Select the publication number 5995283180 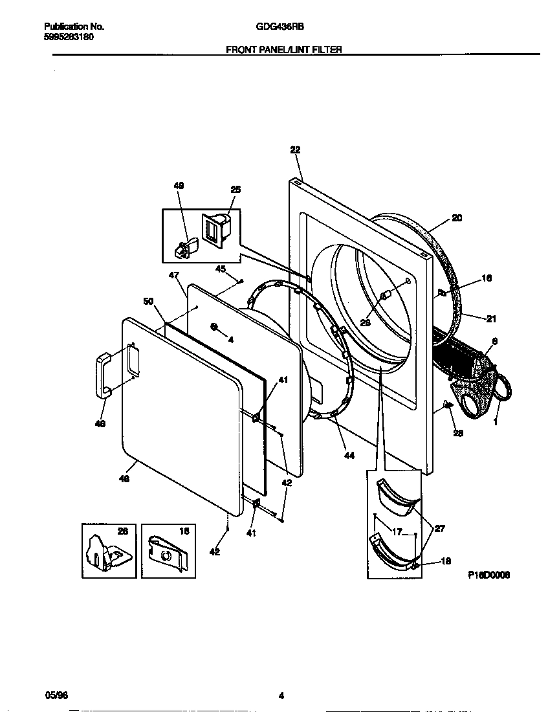69,37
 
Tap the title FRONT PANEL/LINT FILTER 283,49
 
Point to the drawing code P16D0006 489,574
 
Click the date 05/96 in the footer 57,696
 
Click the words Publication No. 74,27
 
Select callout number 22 295,150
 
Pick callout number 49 179,186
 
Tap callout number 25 236,189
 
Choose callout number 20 457,218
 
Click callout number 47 173,275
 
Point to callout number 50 148,301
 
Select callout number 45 220,269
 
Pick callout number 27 439,528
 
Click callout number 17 397,532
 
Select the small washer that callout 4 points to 214,326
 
